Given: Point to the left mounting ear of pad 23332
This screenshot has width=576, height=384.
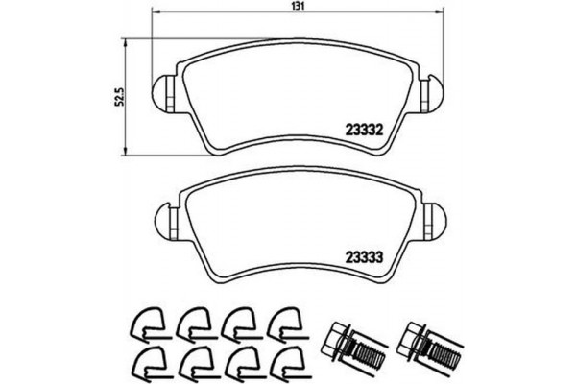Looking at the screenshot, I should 164,92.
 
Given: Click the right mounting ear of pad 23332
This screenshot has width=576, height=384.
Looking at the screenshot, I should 435,92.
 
